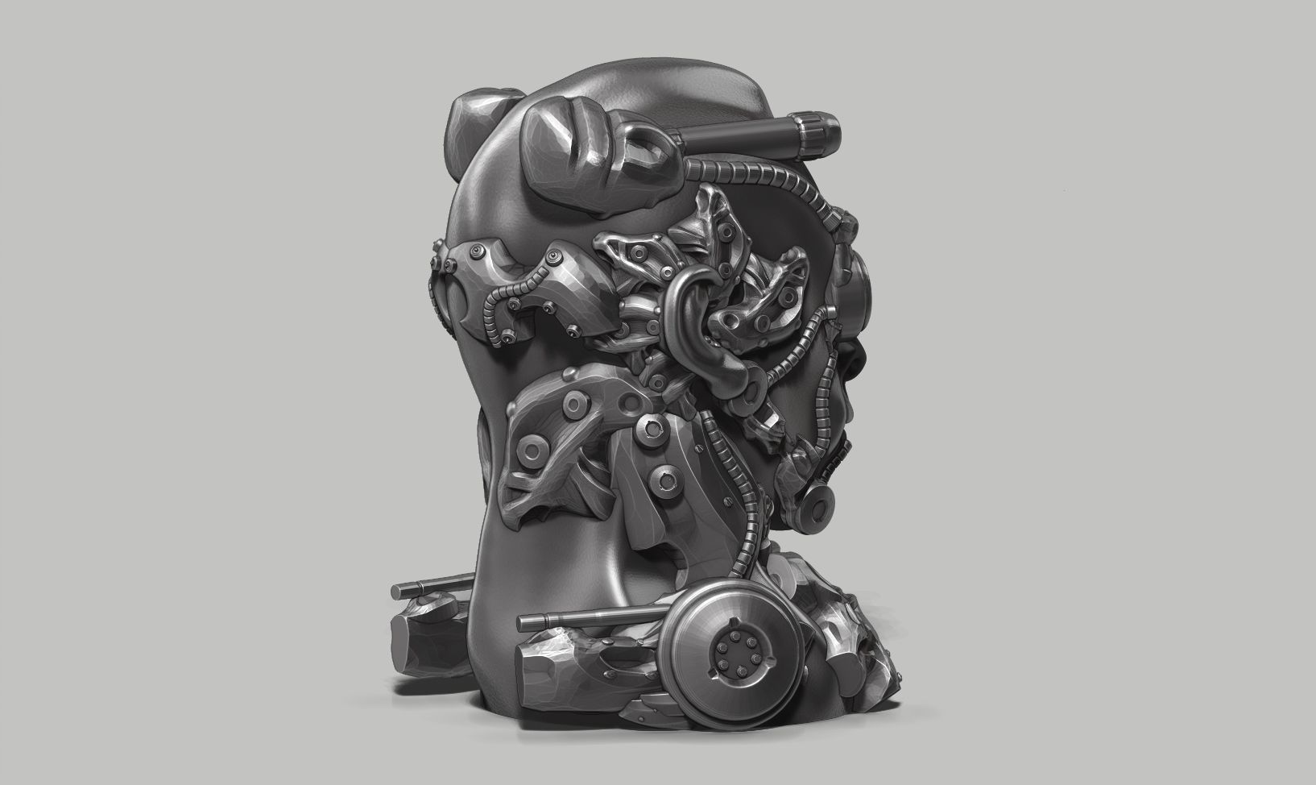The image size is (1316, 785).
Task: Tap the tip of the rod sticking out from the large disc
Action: [x=524, y=621]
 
